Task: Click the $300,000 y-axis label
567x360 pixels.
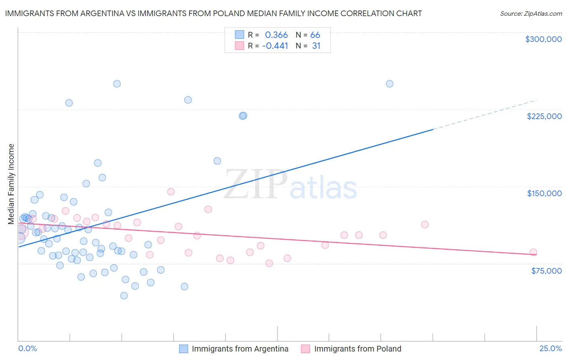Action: [x=543, y=39]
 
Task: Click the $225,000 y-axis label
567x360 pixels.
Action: [x=544, y=116]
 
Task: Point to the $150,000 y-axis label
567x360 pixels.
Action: [x=544, y=193]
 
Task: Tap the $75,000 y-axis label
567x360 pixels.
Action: [x=546, y=271]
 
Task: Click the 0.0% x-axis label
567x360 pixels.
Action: [x=27, y=349]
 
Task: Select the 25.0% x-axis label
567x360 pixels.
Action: [x=550, y=349]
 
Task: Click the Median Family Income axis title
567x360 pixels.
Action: [x=11, y=184]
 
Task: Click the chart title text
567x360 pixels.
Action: [x=213, y=13]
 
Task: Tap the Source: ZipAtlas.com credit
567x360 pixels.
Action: [x=531, y=14]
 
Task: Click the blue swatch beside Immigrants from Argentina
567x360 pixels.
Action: [x=183, y=349]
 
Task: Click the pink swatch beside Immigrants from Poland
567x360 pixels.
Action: [x=306, y=349]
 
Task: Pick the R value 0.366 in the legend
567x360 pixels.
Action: [x=276, y=35]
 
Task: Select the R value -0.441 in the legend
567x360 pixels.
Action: [x=275, y=46]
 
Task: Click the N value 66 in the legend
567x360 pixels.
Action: [x=315, y=35]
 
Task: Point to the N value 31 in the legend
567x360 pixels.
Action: [x=316, y=46]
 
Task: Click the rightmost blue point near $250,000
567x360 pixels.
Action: [x=390, y=84]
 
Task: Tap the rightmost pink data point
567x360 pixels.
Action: [x=533, y=252]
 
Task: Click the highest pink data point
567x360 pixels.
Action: [x=171, y=192]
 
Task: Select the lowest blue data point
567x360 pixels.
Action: [x=124, y=296]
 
